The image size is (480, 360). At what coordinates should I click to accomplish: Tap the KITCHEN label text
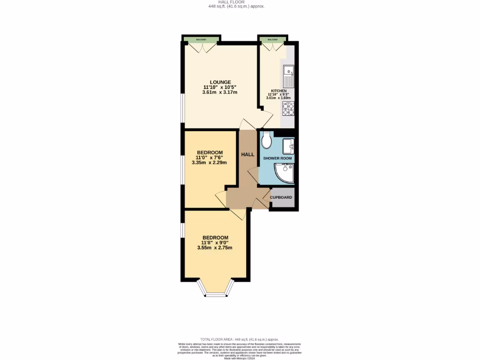coord(278,91)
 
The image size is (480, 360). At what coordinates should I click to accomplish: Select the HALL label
coord(247,154)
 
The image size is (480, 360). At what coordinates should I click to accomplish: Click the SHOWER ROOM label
coord(277,158)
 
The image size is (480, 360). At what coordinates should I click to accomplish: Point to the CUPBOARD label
coord(281,197)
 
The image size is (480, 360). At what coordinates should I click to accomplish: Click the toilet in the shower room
coord(267,139)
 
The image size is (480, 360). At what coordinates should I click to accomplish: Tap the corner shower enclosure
coord(284,173)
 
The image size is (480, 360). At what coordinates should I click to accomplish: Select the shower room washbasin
coord(289,146)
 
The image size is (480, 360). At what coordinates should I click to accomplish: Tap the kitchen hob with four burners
coord(288,109)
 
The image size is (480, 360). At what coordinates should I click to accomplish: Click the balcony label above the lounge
coord(202,39)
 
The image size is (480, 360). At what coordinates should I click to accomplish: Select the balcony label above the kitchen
coord(272,39)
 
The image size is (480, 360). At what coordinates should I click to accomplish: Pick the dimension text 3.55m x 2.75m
coord(215,247)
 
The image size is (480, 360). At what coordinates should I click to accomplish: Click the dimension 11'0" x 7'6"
coord(209,158)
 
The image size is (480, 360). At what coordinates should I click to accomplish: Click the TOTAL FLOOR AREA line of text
coord(240,339)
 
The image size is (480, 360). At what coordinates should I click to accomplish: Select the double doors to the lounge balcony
coord(202,46)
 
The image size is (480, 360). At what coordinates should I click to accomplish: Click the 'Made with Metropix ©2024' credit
coord(240,358)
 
